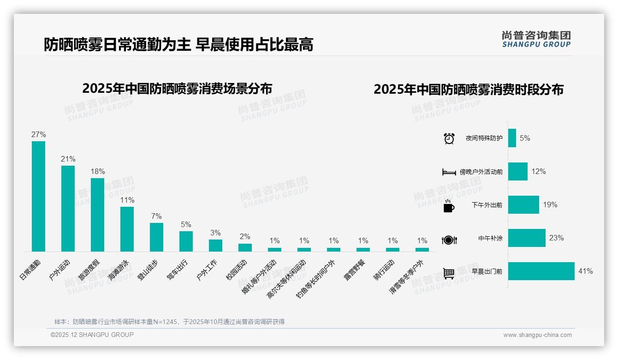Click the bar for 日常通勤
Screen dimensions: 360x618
click(x=38, y=196)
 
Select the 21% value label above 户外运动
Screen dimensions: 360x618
click(x=68, y=159)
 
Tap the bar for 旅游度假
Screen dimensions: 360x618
click(x=97, y=215)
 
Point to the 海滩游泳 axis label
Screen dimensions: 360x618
click(x=119, y=269)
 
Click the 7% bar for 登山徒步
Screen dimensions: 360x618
click(x=156, y=237)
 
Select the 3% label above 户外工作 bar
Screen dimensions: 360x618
click(x=215, y=233)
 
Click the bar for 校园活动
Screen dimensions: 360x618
click(x=245, y=247)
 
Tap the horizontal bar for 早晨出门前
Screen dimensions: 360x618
click(x=541, y=271)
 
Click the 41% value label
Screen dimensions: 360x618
click(x=585, y=271)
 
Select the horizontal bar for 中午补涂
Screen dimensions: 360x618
click(x=527, y=238)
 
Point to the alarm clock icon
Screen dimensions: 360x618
click(x=449, y=138)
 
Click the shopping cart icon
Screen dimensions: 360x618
click(x=449, y=273)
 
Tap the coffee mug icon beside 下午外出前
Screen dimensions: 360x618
click(x=449, y=206)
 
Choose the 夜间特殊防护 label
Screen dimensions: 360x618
click(x=484, y=138)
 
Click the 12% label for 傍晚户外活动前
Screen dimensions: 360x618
click(x=538, y=172)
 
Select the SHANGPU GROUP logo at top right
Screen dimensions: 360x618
click(x=536, y=39)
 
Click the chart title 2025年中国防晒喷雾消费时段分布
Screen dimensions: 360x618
click(x=468, y=90)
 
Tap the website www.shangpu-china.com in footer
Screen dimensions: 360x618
click(x=537, y=335)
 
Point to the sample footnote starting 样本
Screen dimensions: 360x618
click(x=169, y=322)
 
